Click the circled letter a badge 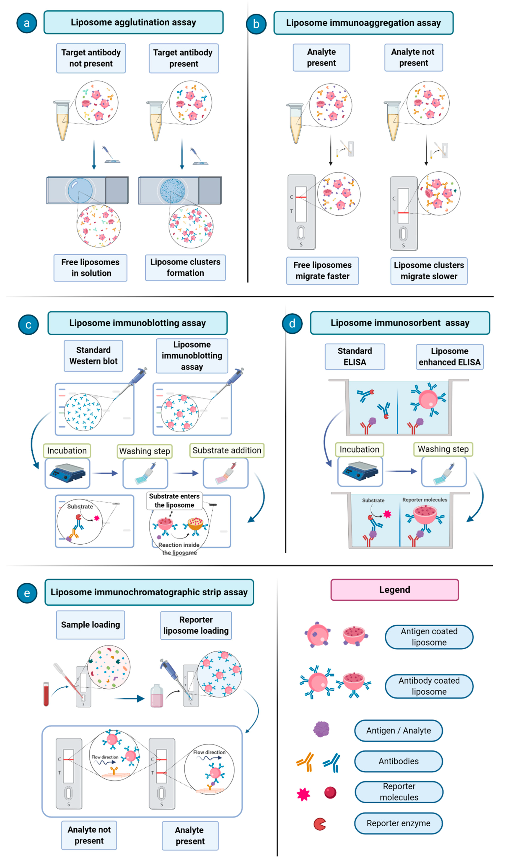coord(27,23)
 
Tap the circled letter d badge coord(292,323)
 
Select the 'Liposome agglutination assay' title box coord(134,22)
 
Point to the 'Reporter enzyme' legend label coord(398,823)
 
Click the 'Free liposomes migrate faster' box coord(322,271)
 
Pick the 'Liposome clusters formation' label coord(185,267)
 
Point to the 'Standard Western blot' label coord(93,355)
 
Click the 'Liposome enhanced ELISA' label coord(449,357)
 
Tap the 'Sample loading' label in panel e coord(90,625)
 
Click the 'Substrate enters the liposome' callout coord(174,501)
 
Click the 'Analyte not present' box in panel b coord(413,58)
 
